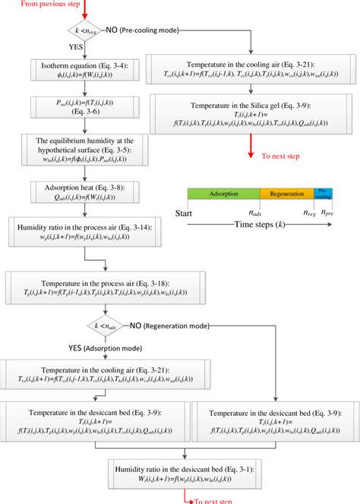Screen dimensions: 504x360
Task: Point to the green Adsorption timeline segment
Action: click(x=224, y=194)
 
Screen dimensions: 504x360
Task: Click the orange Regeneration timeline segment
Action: click(x=286, y=194)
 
